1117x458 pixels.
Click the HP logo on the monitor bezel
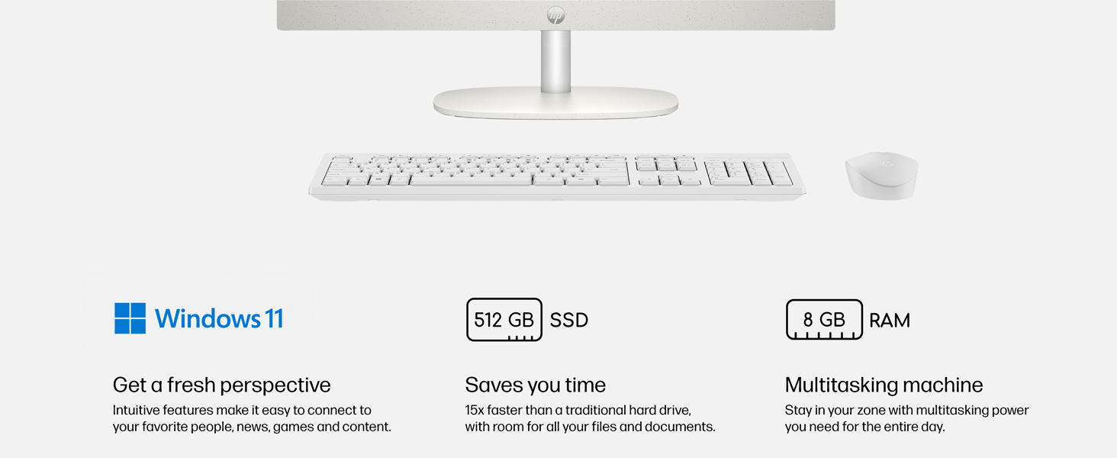pos(555,15)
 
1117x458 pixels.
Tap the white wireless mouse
pos(882,176)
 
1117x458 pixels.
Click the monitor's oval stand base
pos(555,103)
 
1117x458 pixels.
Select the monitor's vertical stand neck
pos(555,61)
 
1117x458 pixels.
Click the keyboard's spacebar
pos(471,179)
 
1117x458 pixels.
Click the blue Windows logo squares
pos(130,318)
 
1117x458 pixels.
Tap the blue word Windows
pos(208,318)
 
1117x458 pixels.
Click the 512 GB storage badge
pos(504,320)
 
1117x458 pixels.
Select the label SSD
pos(569,321)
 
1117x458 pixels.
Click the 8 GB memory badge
pos(824,319)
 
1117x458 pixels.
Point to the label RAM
pos(890,321)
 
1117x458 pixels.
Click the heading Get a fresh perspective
pos(221,385)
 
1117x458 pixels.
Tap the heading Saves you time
pos(535,385)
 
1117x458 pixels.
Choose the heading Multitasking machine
pos(884,385)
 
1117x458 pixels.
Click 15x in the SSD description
pos(475,410)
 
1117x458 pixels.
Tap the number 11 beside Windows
pos(274,318)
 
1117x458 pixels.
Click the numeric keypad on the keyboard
pos(748,172)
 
